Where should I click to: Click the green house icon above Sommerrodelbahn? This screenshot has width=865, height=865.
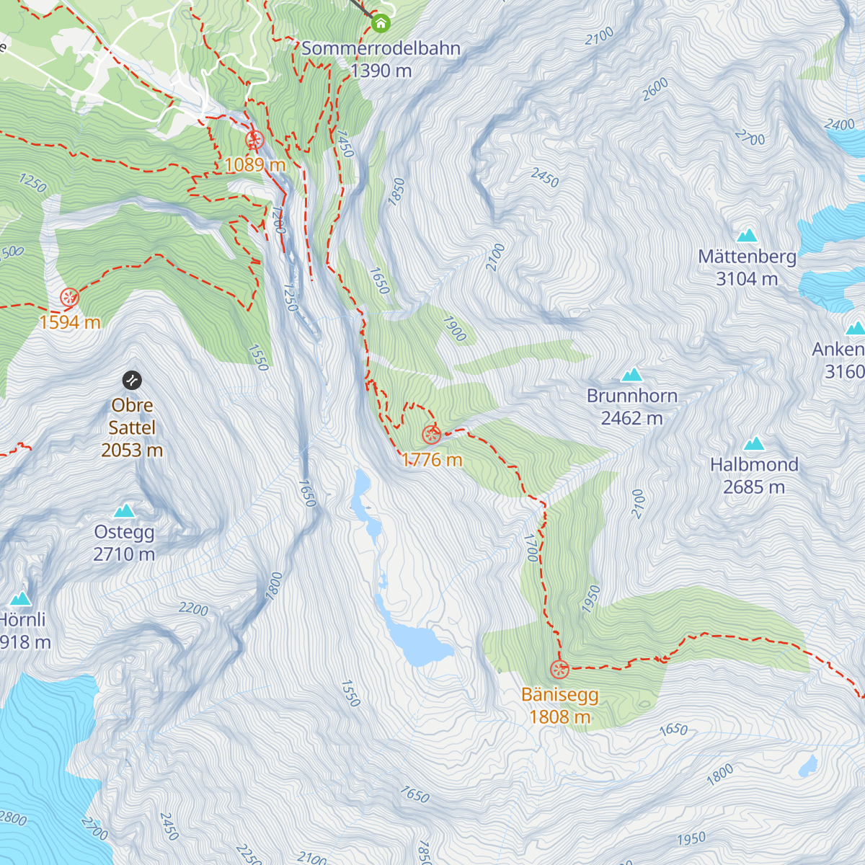click(x=381, y=24)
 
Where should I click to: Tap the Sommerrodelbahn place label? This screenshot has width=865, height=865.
click(x=381, y=49)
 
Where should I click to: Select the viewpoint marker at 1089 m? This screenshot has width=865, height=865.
click(x=254, y=140)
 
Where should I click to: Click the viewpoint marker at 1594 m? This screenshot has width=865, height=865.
click(x=69, y=297)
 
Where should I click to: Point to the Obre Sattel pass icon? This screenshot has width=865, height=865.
click(x=132, y=380)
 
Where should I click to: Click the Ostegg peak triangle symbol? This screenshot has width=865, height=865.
click(x=124, y=511)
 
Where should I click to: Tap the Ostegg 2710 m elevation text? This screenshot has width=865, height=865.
click(x=124, y=554)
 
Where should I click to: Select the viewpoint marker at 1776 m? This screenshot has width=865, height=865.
click(x=431, y=435)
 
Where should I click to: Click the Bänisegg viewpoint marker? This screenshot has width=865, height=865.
click(x=559, y=670)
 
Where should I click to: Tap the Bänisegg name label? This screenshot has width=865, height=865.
click(x=559, y=695)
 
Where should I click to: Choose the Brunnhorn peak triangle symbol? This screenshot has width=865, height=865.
click(x=631, y=374)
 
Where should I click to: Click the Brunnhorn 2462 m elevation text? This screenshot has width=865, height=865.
click(x=631, y=418)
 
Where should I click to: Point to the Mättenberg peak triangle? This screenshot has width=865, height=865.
click(x=747, y=235)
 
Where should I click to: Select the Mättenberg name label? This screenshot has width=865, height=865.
click(x=747, y=257)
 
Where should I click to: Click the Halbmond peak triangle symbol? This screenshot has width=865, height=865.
click(x=754, y=443)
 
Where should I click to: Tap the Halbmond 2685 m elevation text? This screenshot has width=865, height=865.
click(x=754, y=487)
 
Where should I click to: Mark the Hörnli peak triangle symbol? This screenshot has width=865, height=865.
click(x=20, y=599)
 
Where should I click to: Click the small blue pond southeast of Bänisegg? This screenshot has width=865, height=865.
click(x=808, y=765)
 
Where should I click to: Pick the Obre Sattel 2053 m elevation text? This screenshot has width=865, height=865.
click(x=132, y=451)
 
